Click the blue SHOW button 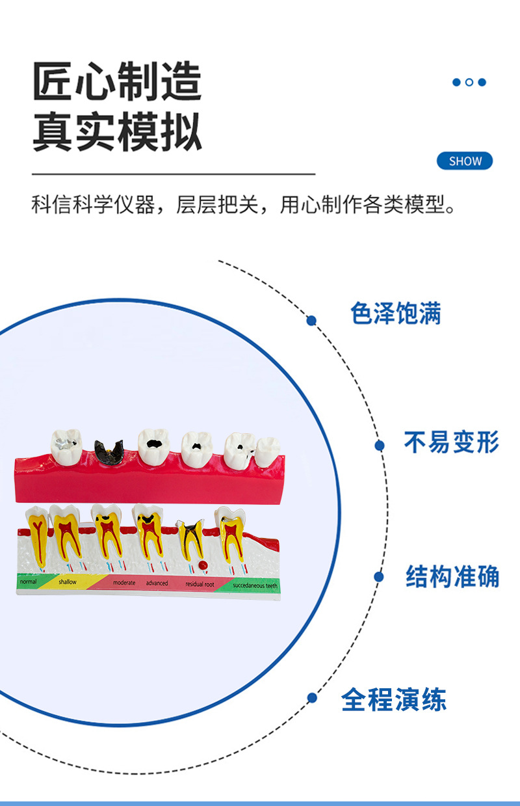pyautogui.click(x=465, y=161)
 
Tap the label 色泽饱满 pyautogui.click(x=395, y=314)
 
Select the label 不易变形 pyautogui.click(x=451, y=443)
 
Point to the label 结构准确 pyautogui.click(x=452, y=576)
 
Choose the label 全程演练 pyautogui.click(x=394, y=700)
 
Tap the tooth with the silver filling pyautogui.click(x=67, y=446)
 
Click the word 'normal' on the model pyautogui.click(x=28, y=582)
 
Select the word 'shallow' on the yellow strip pyautogui.click(x=67, y=582)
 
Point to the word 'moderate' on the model pyautogui.click(x=124, y=583)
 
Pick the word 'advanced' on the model pyautogui.click(x=157, y=584)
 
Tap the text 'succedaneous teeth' pyautogui.click(x=255, y=585)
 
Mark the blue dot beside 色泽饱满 pyautogui.click(x=311, y=320)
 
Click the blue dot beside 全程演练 pyautogui.click(x=312, y=697)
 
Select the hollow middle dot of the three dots pyautogui.click(x=469, y=83)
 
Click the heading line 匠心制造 pyautogui.click(x=118, y=83)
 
